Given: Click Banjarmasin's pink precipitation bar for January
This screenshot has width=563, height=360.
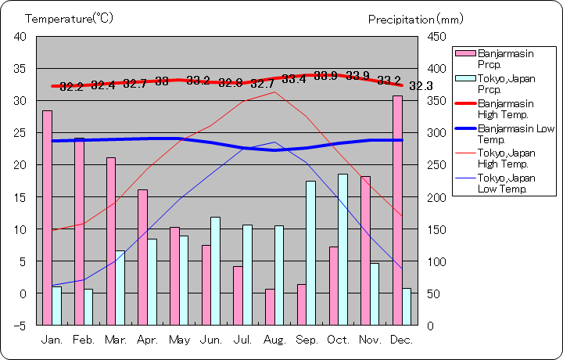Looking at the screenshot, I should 47,218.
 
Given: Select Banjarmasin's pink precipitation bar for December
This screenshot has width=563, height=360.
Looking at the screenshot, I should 397,210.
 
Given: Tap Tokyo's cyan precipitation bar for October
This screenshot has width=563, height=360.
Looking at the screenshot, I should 342,249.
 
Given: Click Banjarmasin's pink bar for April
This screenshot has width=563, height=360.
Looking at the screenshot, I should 142,257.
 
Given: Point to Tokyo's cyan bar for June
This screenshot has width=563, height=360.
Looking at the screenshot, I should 215,271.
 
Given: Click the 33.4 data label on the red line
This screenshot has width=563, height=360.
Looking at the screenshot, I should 294,79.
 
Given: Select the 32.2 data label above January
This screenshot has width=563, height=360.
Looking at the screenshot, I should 71,86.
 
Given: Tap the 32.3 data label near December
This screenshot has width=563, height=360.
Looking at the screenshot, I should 421,85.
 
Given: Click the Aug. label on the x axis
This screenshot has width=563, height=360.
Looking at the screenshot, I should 275,340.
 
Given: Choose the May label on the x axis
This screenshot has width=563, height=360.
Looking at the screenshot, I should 179,340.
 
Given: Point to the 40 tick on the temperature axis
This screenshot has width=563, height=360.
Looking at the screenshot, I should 20,37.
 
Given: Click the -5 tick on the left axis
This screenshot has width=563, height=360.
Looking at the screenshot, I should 20,325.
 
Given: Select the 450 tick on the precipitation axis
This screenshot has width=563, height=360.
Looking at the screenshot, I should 436,37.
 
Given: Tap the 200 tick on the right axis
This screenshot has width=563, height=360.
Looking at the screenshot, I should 436,196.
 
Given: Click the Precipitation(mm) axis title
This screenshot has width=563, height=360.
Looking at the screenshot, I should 415,19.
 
